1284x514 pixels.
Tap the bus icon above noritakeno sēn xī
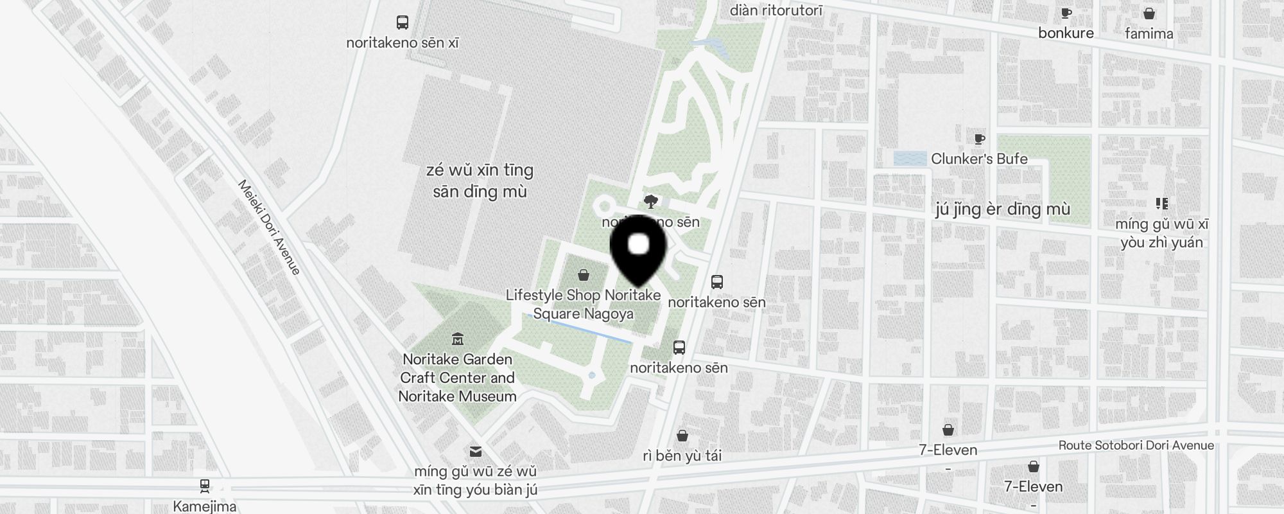[403, 22]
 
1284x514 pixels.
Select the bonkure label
[1066, 33]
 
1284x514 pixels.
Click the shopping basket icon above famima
[1149, 13]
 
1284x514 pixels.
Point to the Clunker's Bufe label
[979, 159]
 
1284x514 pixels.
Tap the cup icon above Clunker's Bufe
[979, 139]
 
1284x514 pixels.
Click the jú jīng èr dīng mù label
[1003, 209]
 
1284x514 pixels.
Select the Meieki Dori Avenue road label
[269, 227]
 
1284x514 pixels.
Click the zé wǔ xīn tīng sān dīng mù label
[480, 181]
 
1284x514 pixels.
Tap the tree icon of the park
[651, 202]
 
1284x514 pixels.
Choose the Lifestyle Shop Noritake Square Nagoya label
[583, 305]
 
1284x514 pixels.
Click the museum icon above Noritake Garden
[458, 339]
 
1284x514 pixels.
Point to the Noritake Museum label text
[457, 396]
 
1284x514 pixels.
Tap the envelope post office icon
[476, 452]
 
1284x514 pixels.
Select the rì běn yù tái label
[682, 456]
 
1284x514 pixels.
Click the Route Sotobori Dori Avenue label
[1136, 445]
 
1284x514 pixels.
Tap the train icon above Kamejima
[205, 486]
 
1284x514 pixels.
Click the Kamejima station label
[205, 506]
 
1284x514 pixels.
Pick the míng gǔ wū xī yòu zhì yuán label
[1161, 233]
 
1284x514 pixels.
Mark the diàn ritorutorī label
[776, 10]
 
